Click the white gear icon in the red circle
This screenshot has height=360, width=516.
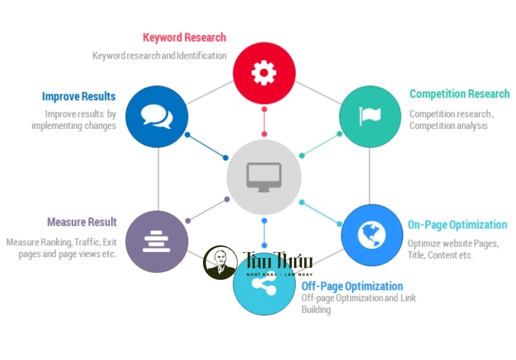click(264, 73)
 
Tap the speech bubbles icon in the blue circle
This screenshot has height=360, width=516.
click(157, 116)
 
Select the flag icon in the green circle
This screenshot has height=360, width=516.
click(370, 116)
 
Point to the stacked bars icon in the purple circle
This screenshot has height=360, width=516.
click(157, 241)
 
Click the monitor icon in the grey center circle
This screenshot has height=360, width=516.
click(264, 176)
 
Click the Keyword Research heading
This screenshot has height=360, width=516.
click(184, 38)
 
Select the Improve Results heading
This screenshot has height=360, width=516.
click(79, 96)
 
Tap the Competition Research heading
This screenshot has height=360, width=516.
click(459, 94)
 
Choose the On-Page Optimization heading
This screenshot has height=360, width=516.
click(457, 225)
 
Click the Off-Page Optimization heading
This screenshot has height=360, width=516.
click(352, 286)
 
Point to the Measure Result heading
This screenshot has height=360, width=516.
click(82, 222)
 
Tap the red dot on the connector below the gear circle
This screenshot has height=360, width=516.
click(264, 108)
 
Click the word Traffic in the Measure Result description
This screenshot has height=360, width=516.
click(87, 242)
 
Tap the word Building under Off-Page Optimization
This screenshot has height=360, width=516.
click(316, 310)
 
